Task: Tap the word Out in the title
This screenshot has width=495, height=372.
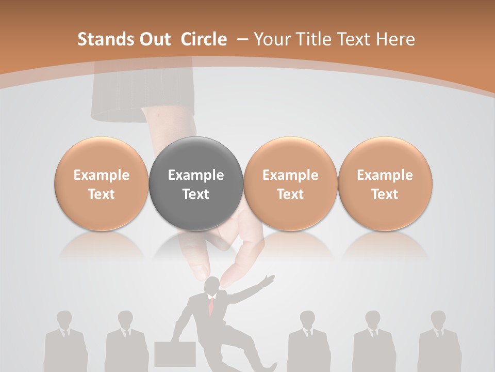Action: tap(154, 39)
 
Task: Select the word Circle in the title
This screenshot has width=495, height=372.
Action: tap(204, 39)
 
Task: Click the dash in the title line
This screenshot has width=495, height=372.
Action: tap(241, 39)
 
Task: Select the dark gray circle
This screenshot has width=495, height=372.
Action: tap(196, 184)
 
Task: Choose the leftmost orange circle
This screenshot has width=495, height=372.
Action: tap(102, 184)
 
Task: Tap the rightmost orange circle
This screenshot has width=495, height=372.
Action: tap(385, 184)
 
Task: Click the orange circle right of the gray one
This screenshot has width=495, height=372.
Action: tap(290, 184)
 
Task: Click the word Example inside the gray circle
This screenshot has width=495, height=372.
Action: tap(196, 175)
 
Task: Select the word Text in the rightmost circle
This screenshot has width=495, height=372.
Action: tap(385, 194)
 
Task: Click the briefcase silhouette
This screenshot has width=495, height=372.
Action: tap(175, 354)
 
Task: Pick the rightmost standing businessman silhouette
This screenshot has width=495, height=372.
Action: tap(439, 341)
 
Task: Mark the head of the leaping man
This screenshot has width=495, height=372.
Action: tap(212, 286)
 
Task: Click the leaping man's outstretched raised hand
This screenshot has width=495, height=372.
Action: tap(268, 280)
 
